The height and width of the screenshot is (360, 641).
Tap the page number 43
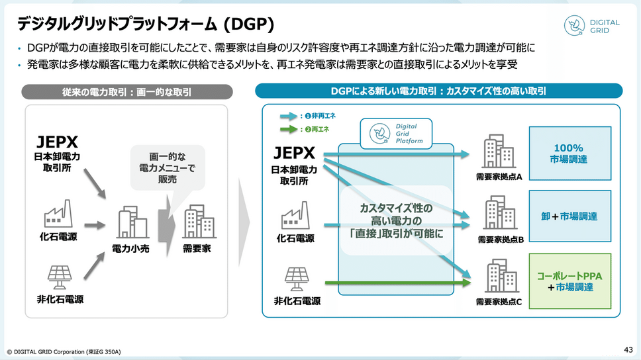[x=628, y=350]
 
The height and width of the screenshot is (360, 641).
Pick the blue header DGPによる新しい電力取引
[x=438, y=91]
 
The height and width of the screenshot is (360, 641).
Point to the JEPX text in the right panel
[x=294, y=153]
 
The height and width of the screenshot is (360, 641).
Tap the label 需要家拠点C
[x=499, y=302]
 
